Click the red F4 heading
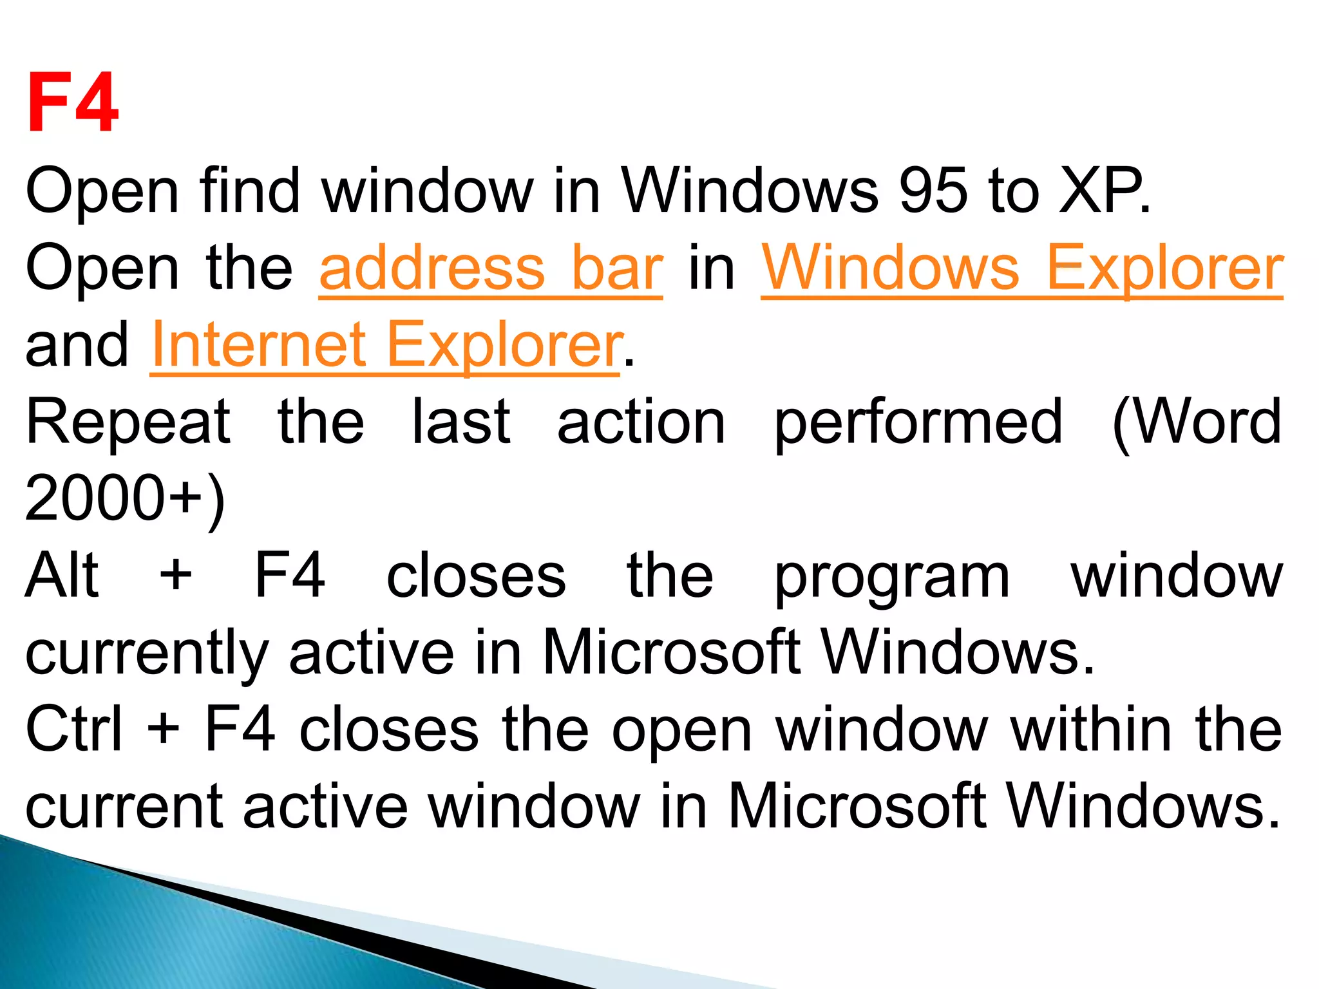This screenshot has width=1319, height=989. (x=73, y=102)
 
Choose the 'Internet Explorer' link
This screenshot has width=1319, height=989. (x=386, y=345)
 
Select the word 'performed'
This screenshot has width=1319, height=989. (x=918, y=424)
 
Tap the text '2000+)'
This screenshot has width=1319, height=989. (x=125, y=499)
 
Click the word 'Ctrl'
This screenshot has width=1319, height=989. (x=73, y=729)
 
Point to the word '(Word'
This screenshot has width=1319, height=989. (x=1197, y=423)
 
